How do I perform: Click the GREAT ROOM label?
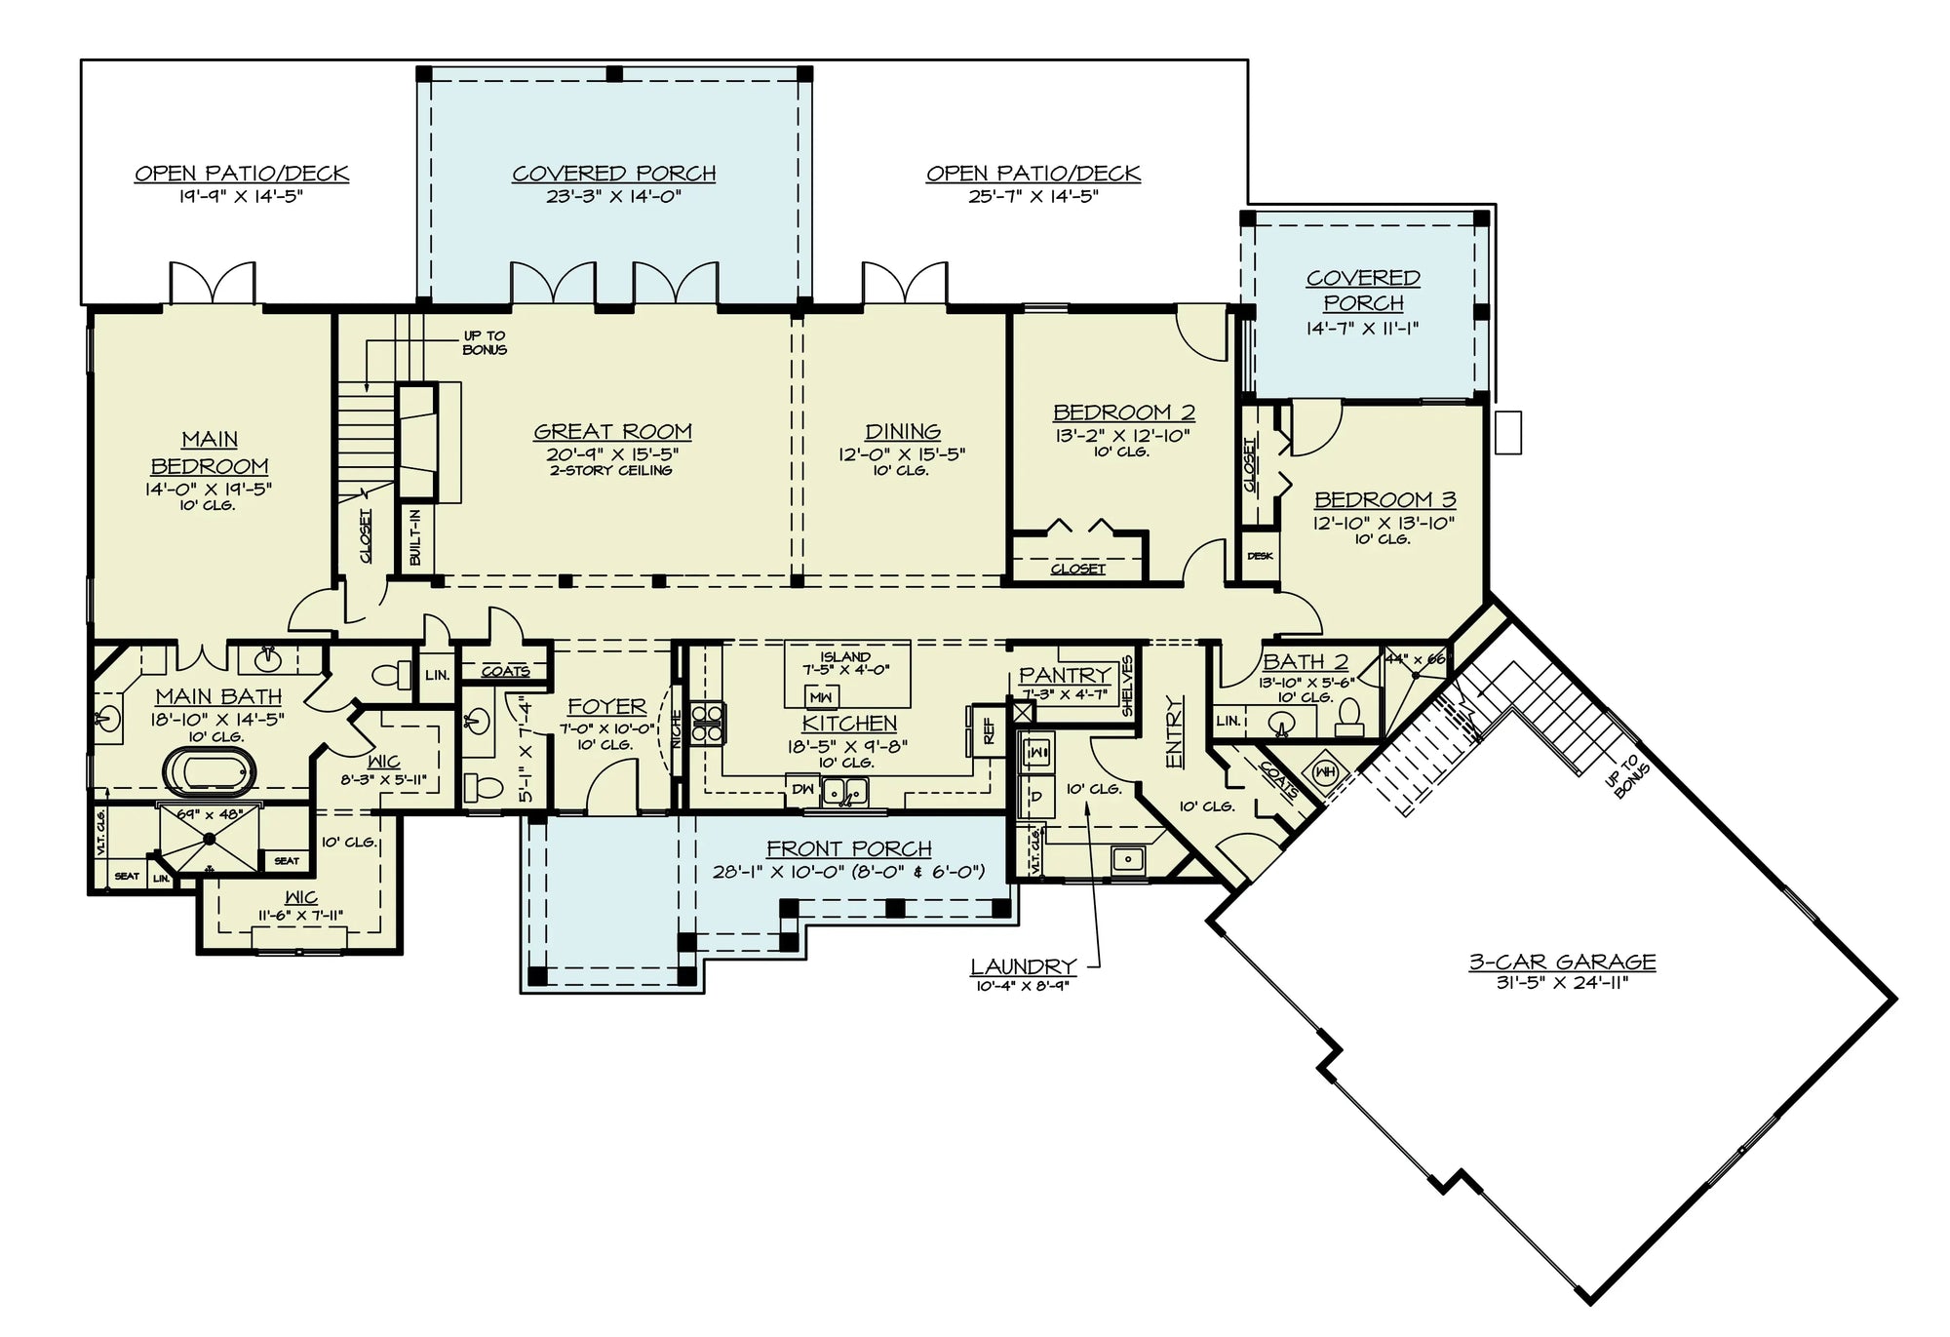(612, 431)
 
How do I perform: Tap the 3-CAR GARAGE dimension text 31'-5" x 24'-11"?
(1562, 983)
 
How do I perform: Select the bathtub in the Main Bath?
(211, 770)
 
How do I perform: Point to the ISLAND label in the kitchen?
(844, 657)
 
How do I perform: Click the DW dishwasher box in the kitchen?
(801, 789)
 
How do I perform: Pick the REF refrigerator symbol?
(987, 730)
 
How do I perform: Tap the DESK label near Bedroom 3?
(1259, 556)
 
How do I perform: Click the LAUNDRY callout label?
(1023, 966)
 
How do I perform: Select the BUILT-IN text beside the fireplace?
(415, 537)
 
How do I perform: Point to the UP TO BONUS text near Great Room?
(484, 342)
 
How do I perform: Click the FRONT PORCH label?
(848, 848)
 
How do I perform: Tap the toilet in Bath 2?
(1349, 718)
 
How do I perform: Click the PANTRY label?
(1064, 675)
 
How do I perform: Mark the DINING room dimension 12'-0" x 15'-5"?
(901, 454)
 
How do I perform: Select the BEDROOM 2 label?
(1123, 413)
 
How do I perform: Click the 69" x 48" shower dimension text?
(209, 813)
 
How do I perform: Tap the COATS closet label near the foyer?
(505, 671)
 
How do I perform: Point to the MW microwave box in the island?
(821, 697)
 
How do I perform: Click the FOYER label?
(606, 706)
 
